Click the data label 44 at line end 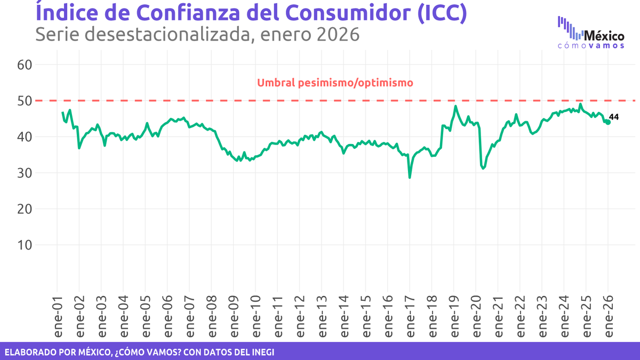tap(614, 117)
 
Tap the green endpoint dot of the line tap(608, 122)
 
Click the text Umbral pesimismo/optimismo tap(335, 83)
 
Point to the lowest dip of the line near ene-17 tap(410, 177)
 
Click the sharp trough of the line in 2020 tap(483, 169)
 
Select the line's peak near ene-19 tap(455, 106)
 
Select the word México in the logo tap(604, 36)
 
